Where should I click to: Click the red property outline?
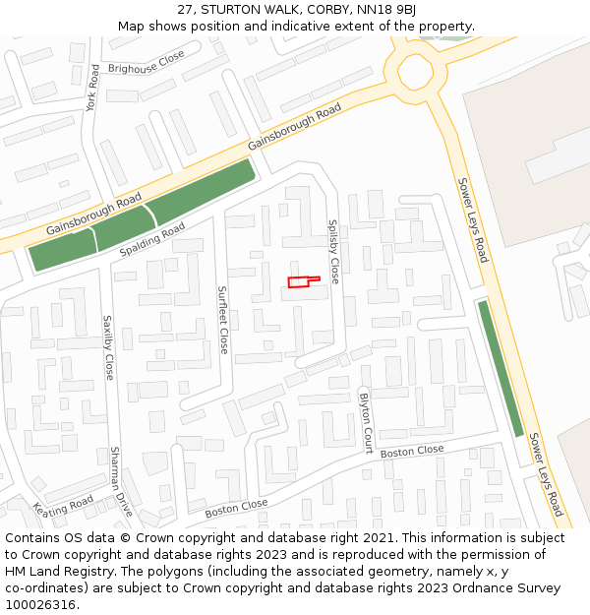tap(302, 282)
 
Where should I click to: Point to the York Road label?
tap(93, 88)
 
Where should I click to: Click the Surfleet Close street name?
tap(223, 320)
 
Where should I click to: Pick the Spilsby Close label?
tap(333, 252)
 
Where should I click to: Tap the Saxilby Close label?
tap(108, 347)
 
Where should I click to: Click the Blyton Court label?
tap(366, 422)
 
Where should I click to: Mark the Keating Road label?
tap(64, 508)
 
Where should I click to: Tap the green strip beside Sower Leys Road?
tap(501, 368)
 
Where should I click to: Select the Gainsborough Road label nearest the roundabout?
tap(294, 126)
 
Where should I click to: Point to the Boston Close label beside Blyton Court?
tap(412, 452)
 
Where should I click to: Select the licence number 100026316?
tap(40, 605)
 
